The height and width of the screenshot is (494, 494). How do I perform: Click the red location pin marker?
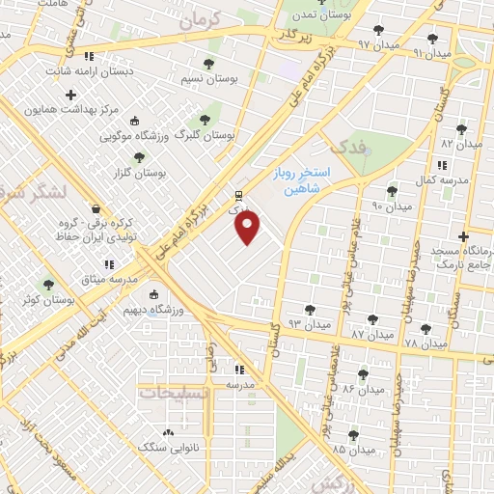[x=248, y=228]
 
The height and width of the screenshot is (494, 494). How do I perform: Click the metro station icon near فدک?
[x=238, y=192]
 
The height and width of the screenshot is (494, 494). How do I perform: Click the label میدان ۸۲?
[x=460, y=143]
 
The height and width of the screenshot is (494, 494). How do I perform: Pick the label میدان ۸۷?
[x=373, y=334]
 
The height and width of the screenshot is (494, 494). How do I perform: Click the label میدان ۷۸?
[x=425, y=343]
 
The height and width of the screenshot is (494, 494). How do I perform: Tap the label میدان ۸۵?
[x=353, y=451]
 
